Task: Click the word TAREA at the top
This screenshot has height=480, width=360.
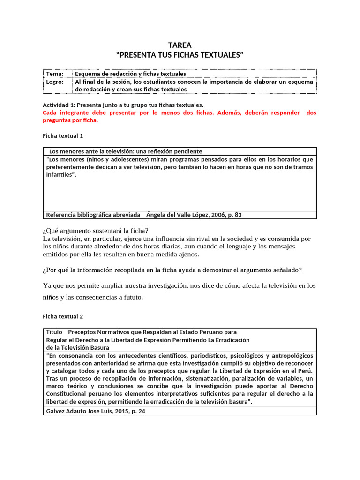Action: [x=180, y=45]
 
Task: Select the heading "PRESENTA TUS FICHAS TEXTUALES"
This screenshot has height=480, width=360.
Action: [x=180, y=55]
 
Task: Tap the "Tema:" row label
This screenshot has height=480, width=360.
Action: [x=54, y=74]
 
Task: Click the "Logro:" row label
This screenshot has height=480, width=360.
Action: [x=55, y=81]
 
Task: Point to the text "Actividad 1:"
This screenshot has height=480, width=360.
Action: [x=59, y=105]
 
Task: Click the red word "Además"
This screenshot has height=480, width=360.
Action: [x=234, y=113]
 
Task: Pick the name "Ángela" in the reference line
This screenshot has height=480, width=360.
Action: [x=157, y=215]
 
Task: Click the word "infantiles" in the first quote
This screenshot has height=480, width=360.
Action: [x=59, y=175]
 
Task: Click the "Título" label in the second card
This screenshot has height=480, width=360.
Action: [x=54, y=332]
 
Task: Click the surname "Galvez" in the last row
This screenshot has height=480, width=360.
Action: [x=56, y=411]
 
